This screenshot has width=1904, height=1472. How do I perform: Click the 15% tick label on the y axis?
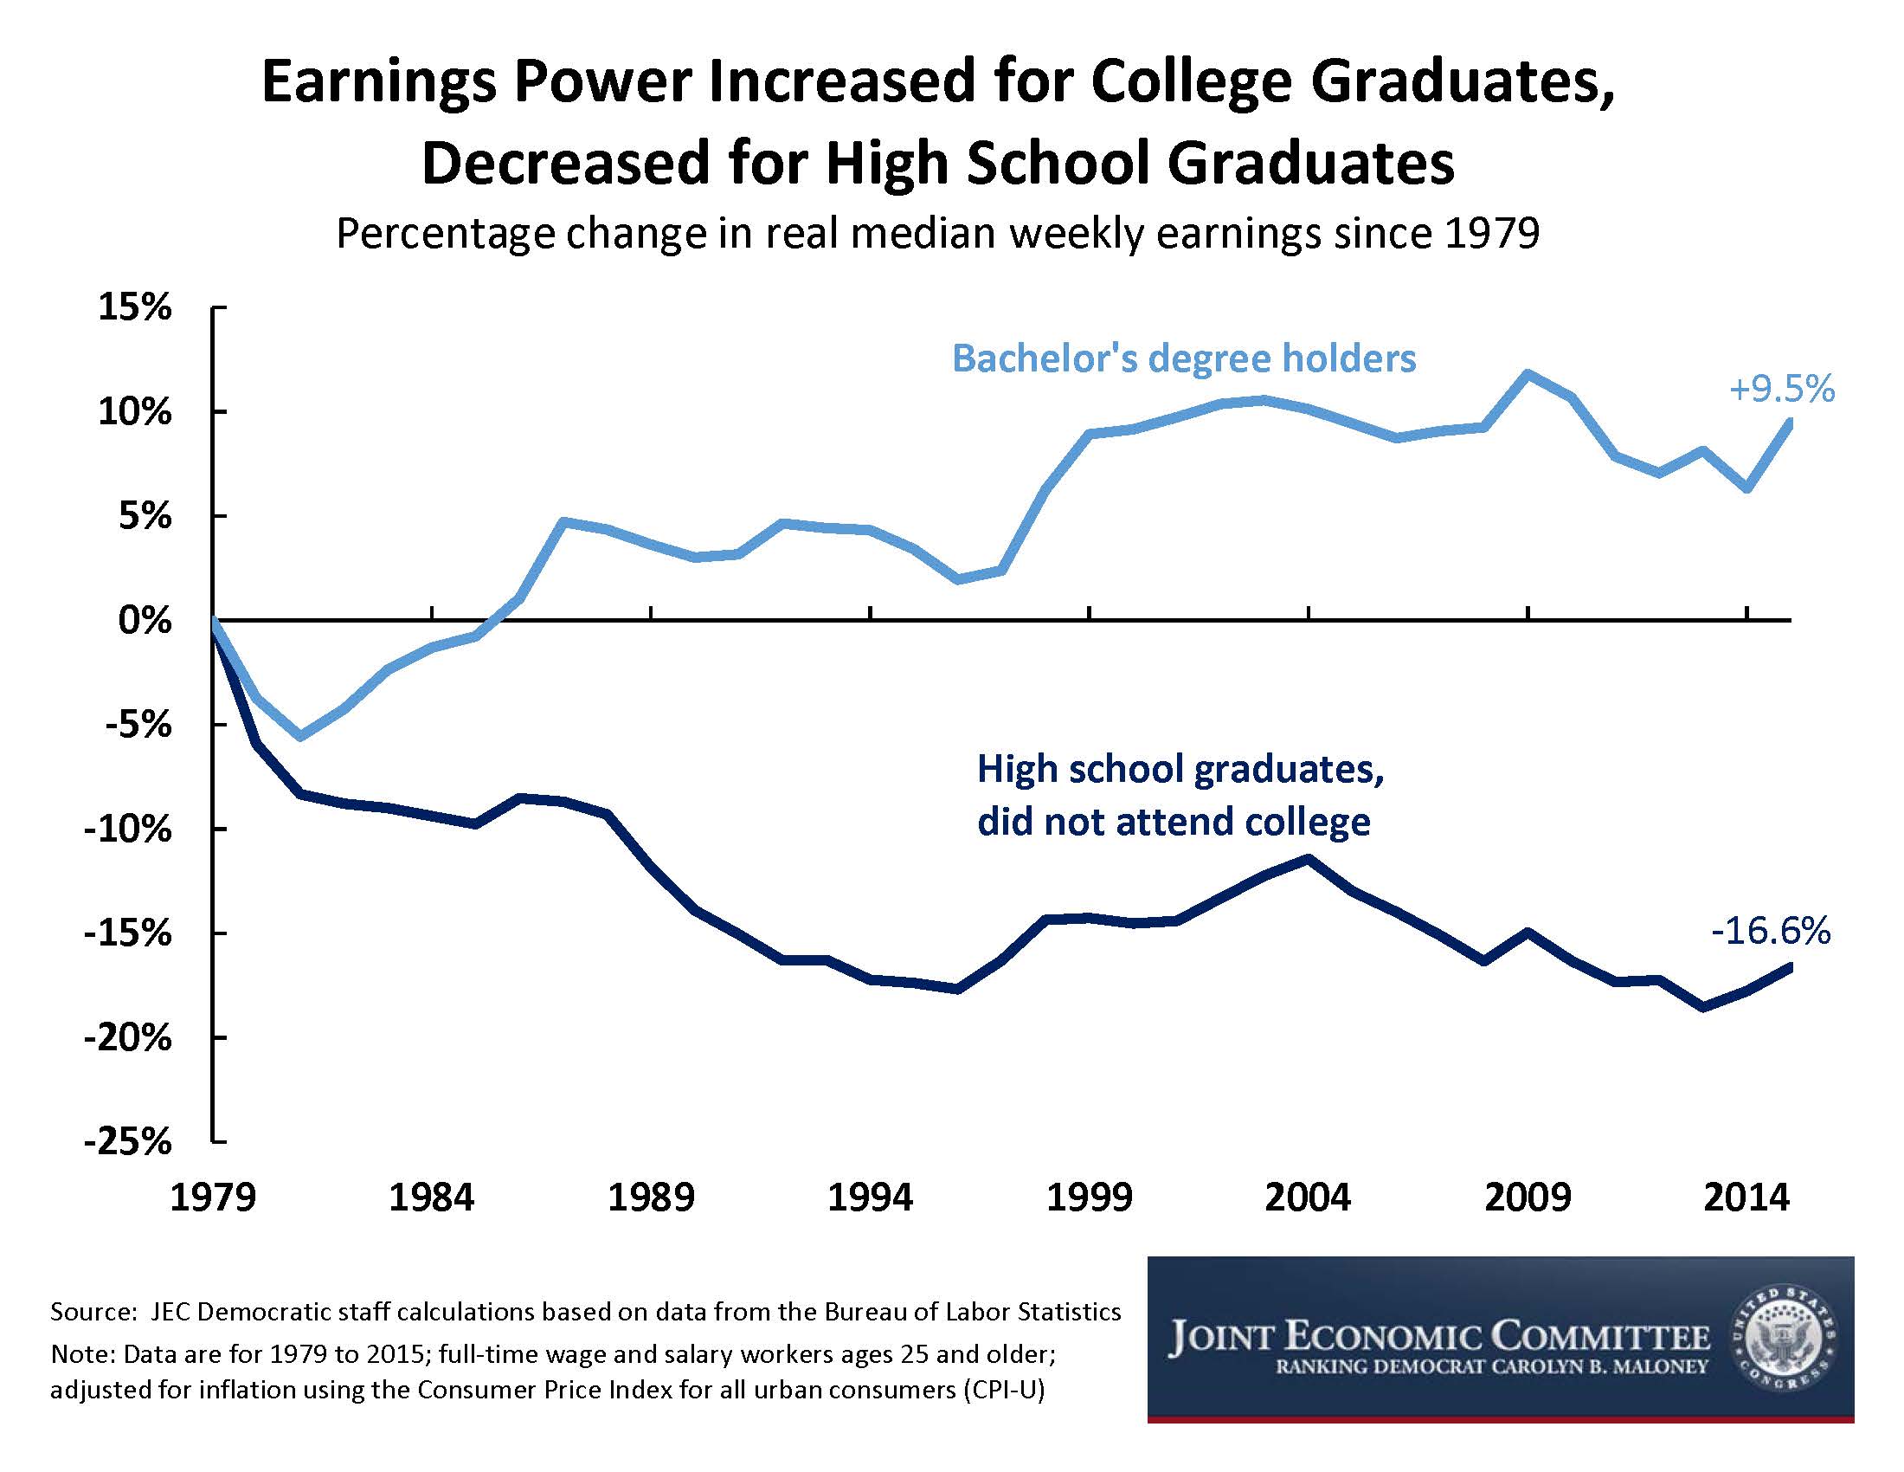[134, 308]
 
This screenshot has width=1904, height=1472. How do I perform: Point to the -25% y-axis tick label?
[127, 1141]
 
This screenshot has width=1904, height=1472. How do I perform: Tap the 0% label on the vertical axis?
[145, 621]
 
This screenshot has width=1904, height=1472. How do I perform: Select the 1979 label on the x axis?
[213, 1198]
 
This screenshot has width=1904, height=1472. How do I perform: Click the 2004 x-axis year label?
[1308, 1198]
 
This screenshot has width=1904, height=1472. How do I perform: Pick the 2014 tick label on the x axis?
[1746, 1198]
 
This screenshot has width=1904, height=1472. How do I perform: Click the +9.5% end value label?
[1781, 389]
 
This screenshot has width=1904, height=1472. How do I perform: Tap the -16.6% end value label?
[1770, 932]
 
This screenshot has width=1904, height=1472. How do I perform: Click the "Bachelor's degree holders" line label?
[1183, 358]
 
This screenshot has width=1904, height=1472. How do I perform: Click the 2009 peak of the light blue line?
[1528, 373]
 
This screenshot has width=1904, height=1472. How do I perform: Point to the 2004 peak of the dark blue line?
[1308, 857]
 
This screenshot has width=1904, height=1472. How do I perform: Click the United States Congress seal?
[1784, 1339]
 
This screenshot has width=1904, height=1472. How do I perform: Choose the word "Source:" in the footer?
[90, 1312]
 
